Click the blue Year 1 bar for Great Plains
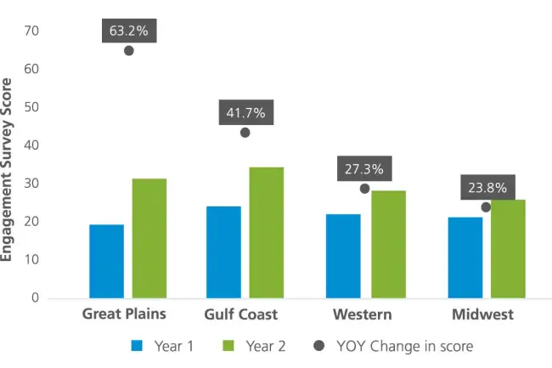click(x=106, y=261)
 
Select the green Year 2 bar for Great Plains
click(x=149, y=238)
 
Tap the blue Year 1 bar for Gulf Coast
click(x=223, y=252)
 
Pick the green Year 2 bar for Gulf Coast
click(x=266, y=232)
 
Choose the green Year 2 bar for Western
click(x=388, y=244)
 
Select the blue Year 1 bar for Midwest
click(x=465, y=258)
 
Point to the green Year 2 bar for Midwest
click(x=508, y=248)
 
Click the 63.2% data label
click(x=129, y=31)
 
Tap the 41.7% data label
click(x=245, y=112)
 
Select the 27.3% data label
click(x=363, y=169)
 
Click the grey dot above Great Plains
click(x=129, y=50)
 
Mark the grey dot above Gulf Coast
click(x=245, y=132)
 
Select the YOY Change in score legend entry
click(x=394, y=346)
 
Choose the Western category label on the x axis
click(x=363, y=314)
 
